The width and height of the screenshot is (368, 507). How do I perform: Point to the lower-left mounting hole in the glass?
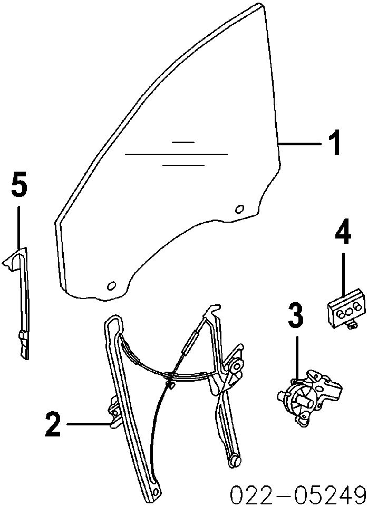[x=111, y=285]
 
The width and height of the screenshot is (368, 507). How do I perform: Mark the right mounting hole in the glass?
[x=239, y=208]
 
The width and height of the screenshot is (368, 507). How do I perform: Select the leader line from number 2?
[x=87, y=424]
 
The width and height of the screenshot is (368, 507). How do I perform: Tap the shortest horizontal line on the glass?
[x=183, y=142]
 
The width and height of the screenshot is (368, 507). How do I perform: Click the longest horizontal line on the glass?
[x=176, y=154]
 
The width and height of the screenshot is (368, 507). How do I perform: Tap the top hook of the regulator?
[x=214, y=308]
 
